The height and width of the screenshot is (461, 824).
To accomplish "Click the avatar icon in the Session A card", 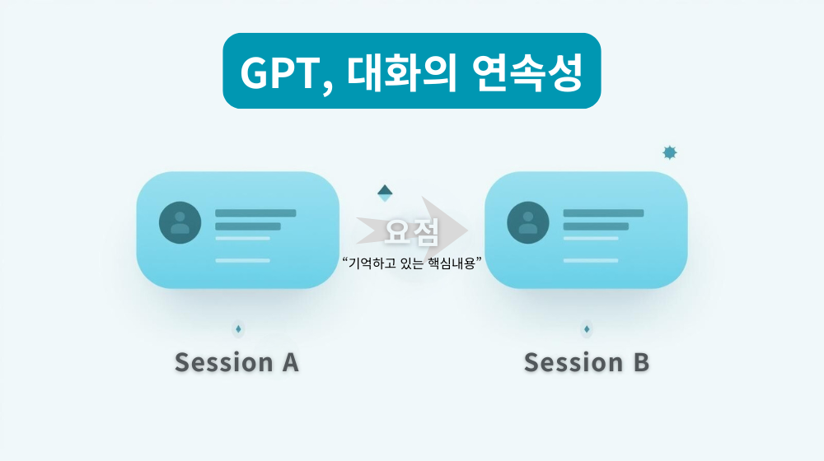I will [x=180, y=222].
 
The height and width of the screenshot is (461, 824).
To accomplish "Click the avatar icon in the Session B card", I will [x=528, y=222].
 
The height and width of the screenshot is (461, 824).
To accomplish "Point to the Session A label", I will [x=236, y=362].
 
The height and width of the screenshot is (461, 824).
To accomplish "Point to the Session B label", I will [x=586, y=362].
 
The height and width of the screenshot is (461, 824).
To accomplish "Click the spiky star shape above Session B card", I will [x=670, y=152].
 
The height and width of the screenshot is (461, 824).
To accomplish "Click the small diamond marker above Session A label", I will [x=239, y=329].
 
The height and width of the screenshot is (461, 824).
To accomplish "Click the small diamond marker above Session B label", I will [x=587, y=329].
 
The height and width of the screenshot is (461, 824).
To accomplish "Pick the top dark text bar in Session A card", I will [x=255, y=213].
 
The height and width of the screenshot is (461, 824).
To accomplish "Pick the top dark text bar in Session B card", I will [x=603, y=213].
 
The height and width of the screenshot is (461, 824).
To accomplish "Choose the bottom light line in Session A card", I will [x=242, y=260].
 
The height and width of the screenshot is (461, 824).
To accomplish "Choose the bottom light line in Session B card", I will [x=591, y=260].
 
